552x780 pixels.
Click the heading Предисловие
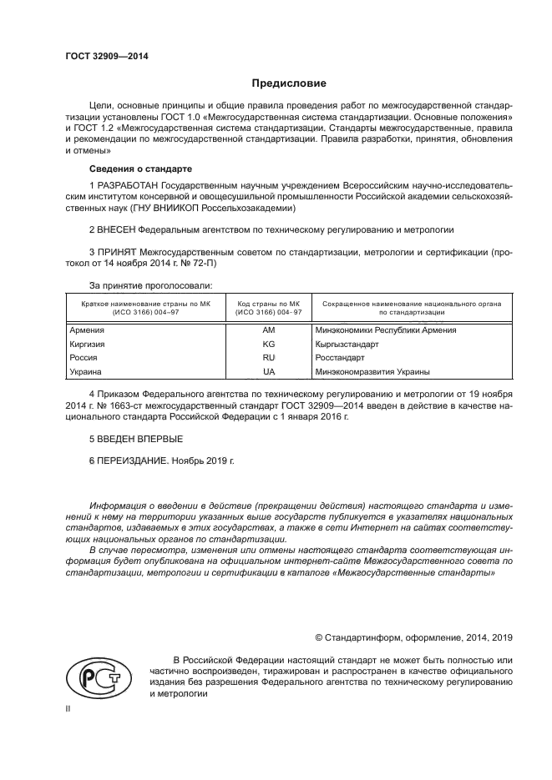289,83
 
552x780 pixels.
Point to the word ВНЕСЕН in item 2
116,228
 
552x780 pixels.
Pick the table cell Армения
87,330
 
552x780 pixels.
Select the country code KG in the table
268,344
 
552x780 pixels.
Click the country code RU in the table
268,357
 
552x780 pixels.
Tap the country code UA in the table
268,371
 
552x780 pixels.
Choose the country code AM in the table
268,330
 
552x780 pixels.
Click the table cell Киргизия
88,344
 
